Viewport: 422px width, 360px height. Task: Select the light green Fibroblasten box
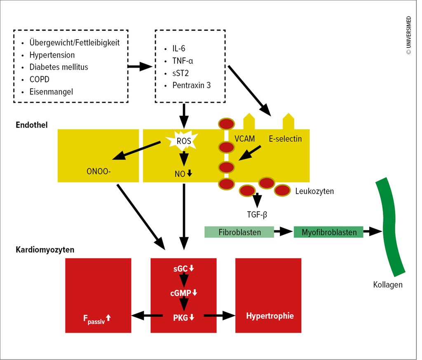click(239, 232)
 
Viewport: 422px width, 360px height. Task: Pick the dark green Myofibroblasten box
click(328, 232)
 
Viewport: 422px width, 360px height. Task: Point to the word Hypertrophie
click(270, 316)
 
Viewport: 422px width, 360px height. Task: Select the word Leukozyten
click(314, 191)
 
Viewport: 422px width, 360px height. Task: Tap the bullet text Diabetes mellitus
click(59, 67)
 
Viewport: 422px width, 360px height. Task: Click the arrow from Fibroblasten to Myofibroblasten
click(283, 232)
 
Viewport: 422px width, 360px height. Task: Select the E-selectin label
click(285, 139)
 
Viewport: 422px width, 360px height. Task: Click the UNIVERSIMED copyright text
click(409, 35)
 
